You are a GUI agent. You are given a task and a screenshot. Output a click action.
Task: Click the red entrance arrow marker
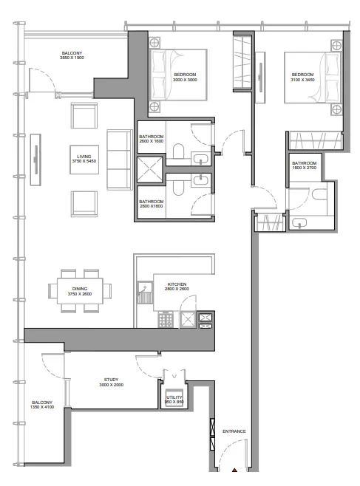(x=234, y=470)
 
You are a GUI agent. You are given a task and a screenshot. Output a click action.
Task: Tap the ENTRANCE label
(x=234, y=431)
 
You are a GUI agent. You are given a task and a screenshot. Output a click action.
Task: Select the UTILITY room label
(x=174, y=397)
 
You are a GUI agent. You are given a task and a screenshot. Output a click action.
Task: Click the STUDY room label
(x=111, y=380)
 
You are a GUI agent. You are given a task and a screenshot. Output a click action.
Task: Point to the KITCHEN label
(x=177, y=284)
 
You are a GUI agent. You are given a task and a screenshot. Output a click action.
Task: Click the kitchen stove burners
(x=166, y=319)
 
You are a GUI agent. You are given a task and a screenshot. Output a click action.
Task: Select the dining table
(x=80, y=291)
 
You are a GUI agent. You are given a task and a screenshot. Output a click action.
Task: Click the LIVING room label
(x=84, y=157)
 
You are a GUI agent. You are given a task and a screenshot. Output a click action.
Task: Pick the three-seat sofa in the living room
(x=120, y=160)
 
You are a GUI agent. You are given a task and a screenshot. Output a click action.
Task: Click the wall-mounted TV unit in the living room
(x=35, y=160)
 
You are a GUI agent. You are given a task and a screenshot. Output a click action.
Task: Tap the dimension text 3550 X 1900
(x=72, y=58)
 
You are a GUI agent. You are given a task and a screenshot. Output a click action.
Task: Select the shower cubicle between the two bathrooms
(x=150, y=170)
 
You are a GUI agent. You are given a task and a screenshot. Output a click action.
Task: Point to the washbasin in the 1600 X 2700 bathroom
(x=299, y=223)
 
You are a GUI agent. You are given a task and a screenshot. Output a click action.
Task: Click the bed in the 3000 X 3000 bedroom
(x=178, y=75)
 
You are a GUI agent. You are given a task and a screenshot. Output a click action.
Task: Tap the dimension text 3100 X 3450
(x=302, y=80)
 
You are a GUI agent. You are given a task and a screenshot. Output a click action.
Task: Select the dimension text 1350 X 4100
(x=42, y=407)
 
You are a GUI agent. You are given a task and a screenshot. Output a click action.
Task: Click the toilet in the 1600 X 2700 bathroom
(x=319, y=194)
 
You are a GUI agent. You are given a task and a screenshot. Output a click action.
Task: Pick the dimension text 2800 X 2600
(x=177, y=289)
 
